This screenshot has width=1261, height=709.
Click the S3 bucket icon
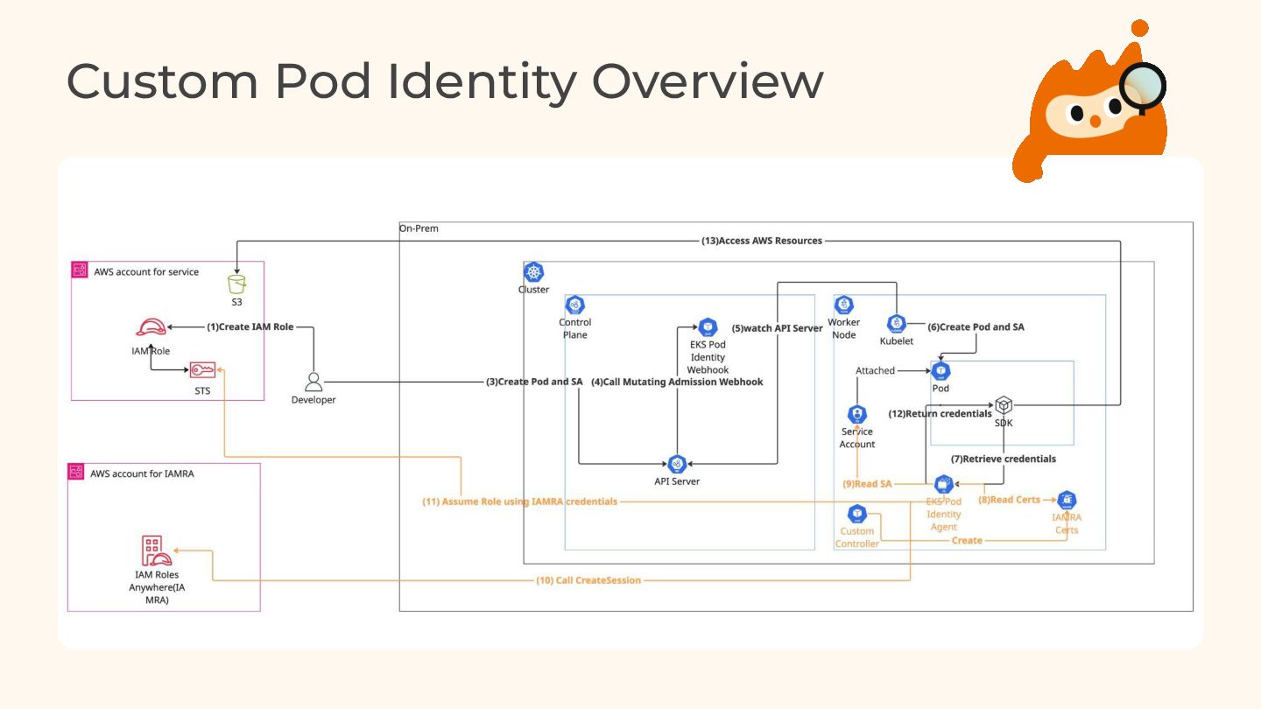236,284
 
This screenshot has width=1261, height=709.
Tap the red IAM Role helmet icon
151,327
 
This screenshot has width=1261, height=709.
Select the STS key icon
202,370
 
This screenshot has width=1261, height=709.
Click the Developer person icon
313,382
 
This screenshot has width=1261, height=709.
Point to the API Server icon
677,464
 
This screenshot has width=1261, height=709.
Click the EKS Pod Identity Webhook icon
708,327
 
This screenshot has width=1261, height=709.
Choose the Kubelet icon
896,324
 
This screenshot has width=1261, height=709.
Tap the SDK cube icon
1004,405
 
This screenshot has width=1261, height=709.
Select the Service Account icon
856,414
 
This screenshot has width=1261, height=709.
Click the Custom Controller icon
856,514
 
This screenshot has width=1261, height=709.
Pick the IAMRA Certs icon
1067,501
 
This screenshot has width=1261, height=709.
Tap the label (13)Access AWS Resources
761,241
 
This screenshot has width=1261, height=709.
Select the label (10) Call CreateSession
588,580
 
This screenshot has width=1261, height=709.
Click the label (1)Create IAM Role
250,326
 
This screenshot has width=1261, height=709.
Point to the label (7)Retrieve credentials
1004,459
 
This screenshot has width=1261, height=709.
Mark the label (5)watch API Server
778,328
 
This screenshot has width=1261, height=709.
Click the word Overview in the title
708,81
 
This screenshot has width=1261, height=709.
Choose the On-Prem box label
419,229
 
